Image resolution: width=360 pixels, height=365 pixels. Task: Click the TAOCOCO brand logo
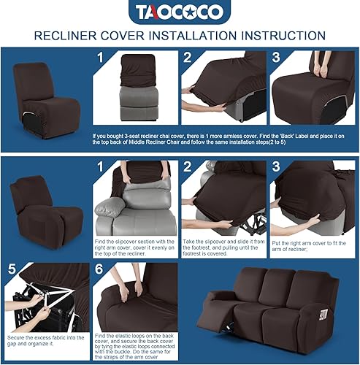pyautogui.click(x=180, y=12)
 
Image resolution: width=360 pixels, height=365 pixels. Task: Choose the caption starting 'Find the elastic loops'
pyautogui.click(x=135, y=345)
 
